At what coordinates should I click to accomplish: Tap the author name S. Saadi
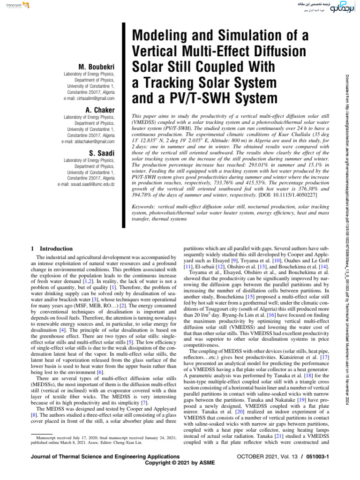(x=102, y=152)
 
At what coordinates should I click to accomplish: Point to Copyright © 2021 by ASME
(x=180, y=463)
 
